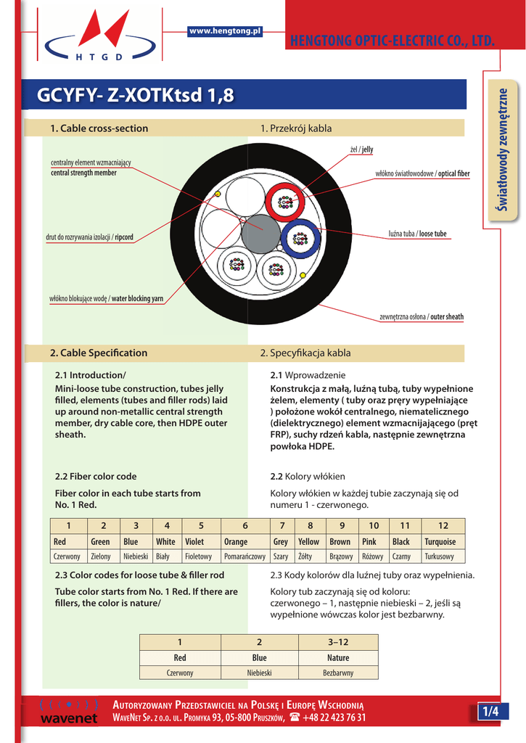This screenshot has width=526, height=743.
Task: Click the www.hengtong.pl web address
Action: click(x=224, y=30)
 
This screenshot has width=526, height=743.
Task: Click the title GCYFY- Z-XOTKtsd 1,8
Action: click(x=136, y=96)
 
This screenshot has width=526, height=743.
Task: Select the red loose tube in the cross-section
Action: click(x=286, y=203)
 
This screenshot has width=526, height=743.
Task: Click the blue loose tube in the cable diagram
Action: click(x=300, y=238)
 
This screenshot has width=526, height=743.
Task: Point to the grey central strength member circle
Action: click(x=260, y=234)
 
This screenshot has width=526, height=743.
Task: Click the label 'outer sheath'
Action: click(x=446, y=317)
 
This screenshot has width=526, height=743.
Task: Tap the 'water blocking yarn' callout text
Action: click(x=137, y=299)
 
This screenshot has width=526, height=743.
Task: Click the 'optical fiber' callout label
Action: click(x=453, y=174)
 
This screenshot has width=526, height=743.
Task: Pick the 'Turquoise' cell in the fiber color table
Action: click(x=440, y=542)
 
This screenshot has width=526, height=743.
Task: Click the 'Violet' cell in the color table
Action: click(x=194, y=542)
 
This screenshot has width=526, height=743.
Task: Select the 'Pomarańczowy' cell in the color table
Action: click(x=244, y=557)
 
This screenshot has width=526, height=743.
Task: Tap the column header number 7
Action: click(x=282, y=525)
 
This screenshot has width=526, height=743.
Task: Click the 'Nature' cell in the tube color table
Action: click(x=338, y=658)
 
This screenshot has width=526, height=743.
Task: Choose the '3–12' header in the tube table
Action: click(x=338, y=642)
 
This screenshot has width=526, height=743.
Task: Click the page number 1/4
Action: click(x=491, y=712)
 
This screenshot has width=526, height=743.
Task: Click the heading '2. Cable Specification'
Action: click(x=99, y=353)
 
